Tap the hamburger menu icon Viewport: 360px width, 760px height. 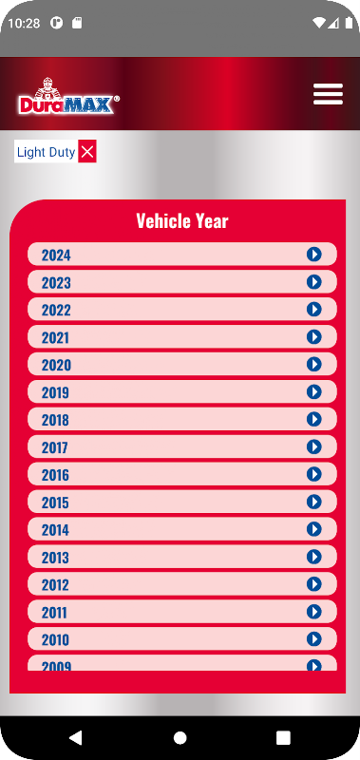pos(328,94)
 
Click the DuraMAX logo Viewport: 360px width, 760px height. pos(68,96)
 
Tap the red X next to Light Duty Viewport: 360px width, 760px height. pos(87,152)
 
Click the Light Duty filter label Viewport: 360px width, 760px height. pos(46,152)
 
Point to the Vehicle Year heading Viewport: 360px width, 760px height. pos(182,221)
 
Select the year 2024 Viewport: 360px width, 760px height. pos(56,255)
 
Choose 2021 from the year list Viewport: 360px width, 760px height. pos(55,337)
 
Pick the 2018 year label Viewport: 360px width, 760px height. pos(55,420)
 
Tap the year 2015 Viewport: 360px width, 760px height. pos(55,503)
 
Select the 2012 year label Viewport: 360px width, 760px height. pos(55,584)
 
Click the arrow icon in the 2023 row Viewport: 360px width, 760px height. pos(314,281)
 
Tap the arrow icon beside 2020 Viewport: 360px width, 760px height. pos(314,364)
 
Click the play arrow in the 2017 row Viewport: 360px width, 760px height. pos(314,446)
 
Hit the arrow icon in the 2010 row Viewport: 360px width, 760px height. pos(314,638)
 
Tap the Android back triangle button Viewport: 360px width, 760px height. pos(76,738)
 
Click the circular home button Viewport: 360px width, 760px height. pos(180,738)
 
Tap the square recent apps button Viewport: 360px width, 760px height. pos(283,738)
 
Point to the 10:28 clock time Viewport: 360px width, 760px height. pos(25,23)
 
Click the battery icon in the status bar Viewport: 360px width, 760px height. pos(349,23)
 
